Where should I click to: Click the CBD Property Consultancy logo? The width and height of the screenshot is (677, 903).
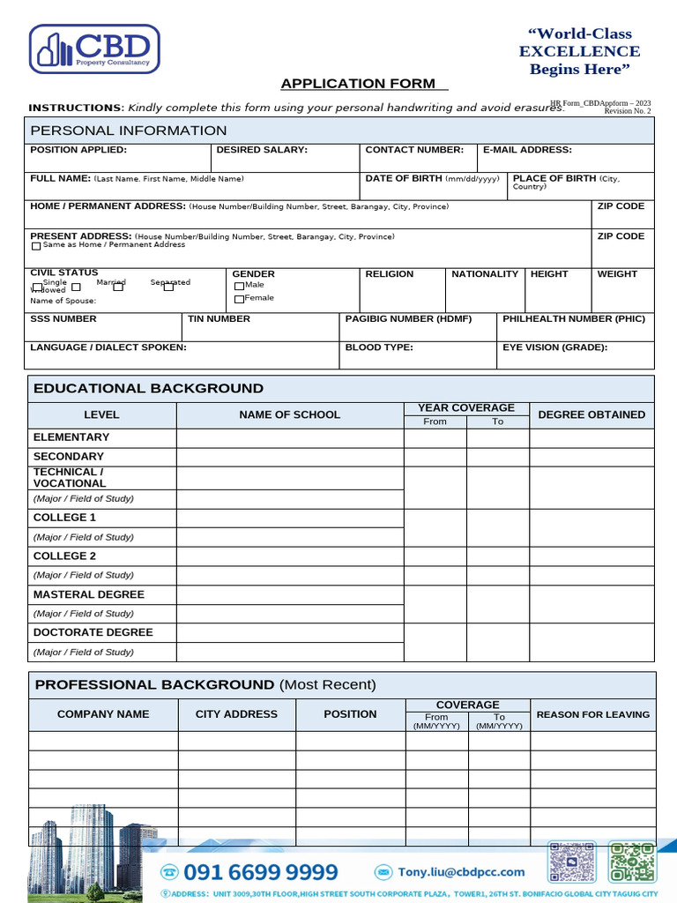point(95,49)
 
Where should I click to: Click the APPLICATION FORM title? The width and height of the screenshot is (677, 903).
point(358,84)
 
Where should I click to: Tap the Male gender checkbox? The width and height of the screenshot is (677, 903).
point(239,286)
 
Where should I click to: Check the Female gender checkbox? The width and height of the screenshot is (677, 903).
point(239,299)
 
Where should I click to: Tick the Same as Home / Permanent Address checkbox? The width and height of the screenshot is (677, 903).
point(36,246)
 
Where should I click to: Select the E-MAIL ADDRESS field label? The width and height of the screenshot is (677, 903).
point(527,150)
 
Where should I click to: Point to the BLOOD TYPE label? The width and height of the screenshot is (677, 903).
point(379,347)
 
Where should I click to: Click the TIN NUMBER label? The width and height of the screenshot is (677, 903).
point(219,318)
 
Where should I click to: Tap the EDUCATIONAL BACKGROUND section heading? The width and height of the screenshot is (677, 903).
point(148,389)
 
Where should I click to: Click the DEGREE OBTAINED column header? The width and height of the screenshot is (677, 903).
point(591,414)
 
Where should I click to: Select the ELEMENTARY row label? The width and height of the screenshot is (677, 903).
point(71,437)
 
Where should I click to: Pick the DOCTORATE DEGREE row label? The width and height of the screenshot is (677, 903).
point(93,632)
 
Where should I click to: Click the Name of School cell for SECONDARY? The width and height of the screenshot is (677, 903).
point(290,457)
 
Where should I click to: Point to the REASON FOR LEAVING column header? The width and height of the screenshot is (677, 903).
point(592,714)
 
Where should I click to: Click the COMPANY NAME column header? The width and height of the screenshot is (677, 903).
point(103,714)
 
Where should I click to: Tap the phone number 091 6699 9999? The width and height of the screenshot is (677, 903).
point(261,872)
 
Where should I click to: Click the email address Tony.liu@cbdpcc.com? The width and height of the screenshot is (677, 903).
point(461,872)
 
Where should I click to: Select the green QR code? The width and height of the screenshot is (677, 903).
point(632,862)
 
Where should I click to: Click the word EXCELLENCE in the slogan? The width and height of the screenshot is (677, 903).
point(579,52)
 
